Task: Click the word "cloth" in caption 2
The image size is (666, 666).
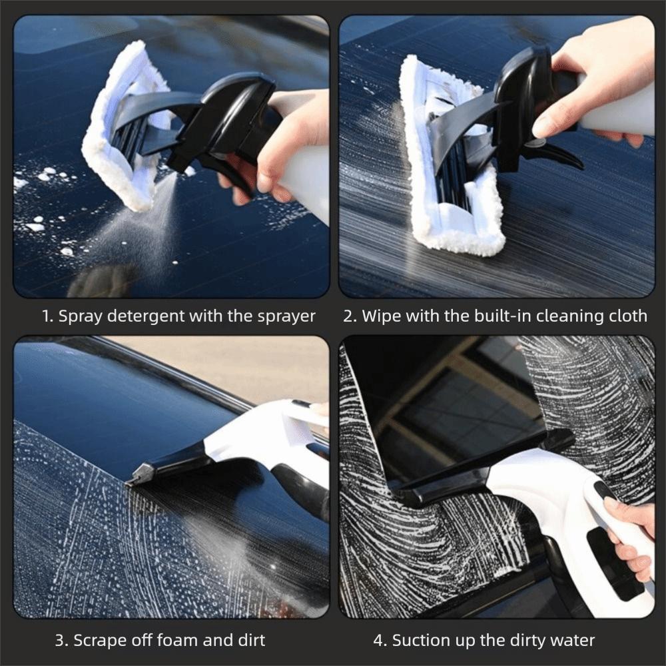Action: [627, 316]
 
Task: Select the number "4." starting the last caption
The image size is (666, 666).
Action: [380, 641]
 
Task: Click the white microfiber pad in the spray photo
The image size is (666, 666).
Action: [120, 127]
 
